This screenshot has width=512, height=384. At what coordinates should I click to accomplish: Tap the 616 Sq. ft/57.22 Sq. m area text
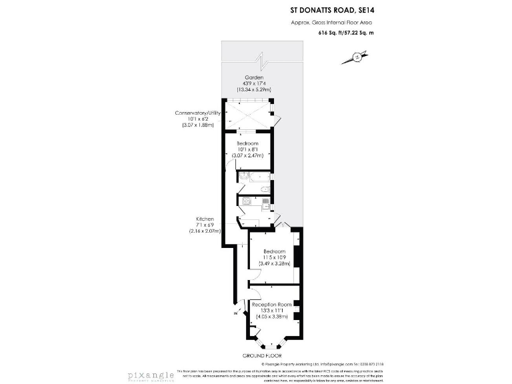[x=345, y=32]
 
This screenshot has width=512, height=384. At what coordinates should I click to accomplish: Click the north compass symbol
[x=357, y=57]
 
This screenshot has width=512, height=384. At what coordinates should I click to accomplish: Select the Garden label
[x=253, y=77]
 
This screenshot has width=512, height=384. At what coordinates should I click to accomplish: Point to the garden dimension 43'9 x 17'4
[x=253, y=83]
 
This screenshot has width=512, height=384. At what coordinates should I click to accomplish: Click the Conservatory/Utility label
[x=197, y=113]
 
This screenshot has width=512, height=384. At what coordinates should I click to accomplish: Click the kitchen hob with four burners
[x=246, y=200]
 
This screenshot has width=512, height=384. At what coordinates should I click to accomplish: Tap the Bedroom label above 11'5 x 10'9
[x=273, y=251]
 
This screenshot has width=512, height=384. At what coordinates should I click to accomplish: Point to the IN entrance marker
[x=235, y=313]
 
